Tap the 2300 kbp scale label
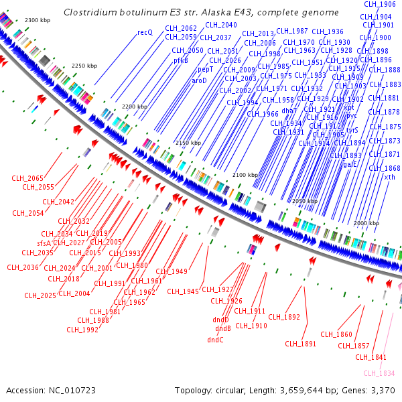pyautogui.click(x=38, y=21)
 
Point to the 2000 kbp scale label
pyautogui.click(x=366, y=223)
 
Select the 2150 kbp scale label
pyautogui.click(x=188, y=143)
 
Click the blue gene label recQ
pyautogui.click(x=145, y=32)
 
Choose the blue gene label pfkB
pyautogui.click(x=181, y=60)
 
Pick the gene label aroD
pyautogui.click(x=200, y=80)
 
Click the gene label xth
pyautogui.click(x=389, y=177)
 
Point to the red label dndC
pyautogui.click(x=215, y=340)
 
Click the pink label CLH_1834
pyautogui.click(x=379, y=373)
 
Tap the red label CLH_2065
pyautogui.click(x=27, y=178)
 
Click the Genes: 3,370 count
pyautogui.click(x=368, y=390)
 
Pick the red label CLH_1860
pyautogui.click(x=336, y=334)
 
